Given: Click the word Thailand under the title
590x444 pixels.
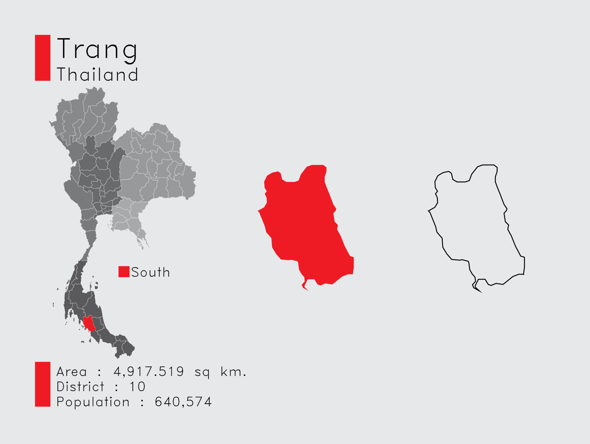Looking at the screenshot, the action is pos(97,75).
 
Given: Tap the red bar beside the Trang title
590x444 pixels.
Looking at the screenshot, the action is pos(43,58).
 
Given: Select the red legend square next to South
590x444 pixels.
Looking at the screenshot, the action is pos(124,272).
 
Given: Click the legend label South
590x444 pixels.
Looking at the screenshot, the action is pos(151,272).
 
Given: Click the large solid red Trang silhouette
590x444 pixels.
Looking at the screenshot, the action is pos(304,224).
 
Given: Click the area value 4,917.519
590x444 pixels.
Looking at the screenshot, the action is pos(148,372).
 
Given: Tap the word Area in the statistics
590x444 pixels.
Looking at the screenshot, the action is pos(72,372).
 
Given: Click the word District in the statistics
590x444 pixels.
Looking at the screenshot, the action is pos(81,387).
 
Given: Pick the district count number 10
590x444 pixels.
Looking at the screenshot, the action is pos(137,387).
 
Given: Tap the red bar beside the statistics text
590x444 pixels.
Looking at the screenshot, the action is pos(43,384).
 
